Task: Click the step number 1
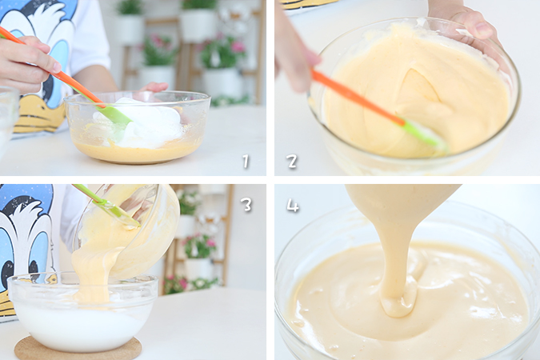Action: coord(246,162)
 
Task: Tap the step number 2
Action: coord(292,162)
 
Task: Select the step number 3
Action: coord(247,205)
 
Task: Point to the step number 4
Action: coord(293,206)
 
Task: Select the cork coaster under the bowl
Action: coord(78,348)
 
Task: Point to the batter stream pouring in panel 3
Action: coord(92,272)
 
